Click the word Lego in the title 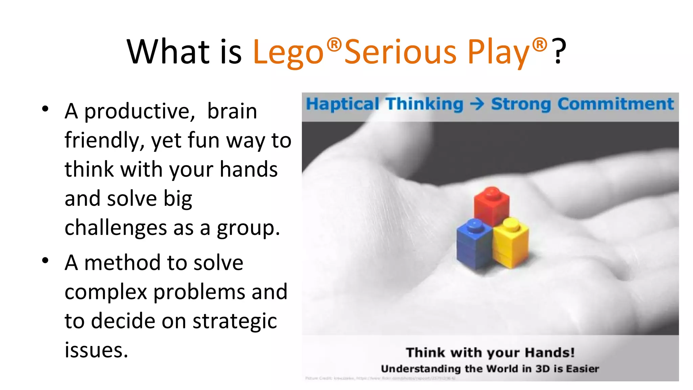coord(288,52)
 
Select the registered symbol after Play coord(539,44)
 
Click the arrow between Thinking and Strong coord(477,104)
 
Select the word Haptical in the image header coord(342,104)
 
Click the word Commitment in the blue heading coord(616,104)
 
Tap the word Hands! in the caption coord(550,353)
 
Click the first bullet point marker coord(45,109)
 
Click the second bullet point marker coord(45,261)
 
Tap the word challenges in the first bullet coord(115,227)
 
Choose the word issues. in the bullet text coord(96,350)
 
